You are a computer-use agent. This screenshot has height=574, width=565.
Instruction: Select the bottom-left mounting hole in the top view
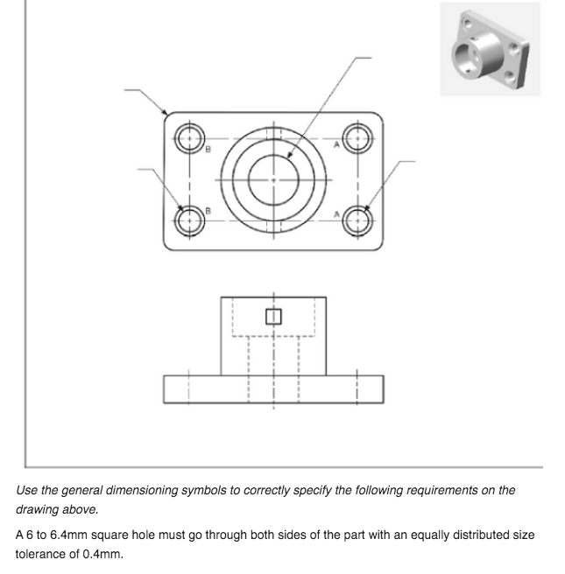tap(188, 219)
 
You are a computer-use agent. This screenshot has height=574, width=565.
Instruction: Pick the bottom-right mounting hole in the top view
tap(357, 219)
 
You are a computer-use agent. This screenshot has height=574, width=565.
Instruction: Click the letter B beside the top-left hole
tap(208, 150)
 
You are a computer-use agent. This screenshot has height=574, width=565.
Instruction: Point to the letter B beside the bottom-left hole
tap(208, 211)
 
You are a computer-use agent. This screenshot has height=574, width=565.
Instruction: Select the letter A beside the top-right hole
tap(336, 150)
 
